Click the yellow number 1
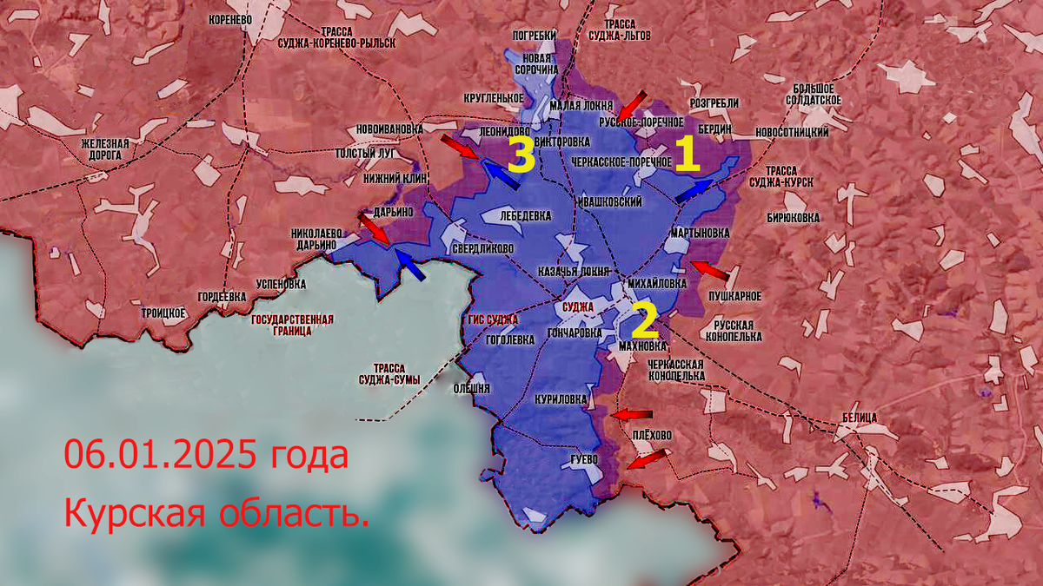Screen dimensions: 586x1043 click(687, 155)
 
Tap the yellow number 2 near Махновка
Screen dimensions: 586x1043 click(644, 321)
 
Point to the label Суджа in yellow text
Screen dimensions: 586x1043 click(578, 307)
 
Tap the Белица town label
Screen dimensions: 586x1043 click(859, 418)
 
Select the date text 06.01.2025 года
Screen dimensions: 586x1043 click(206, 455)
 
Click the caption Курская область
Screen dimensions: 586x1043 click(216, 514)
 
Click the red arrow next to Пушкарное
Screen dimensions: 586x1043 click(708, 270)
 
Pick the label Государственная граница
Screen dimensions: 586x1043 click(292, 325)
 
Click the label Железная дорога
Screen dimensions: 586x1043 click(105, 149)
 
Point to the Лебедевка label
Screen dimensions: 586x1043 click(524, 214)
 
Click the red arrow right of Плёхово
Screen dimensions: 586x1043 click(648, 458)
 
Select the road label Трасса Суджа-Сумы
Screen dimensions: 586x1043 click(391, 373)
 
